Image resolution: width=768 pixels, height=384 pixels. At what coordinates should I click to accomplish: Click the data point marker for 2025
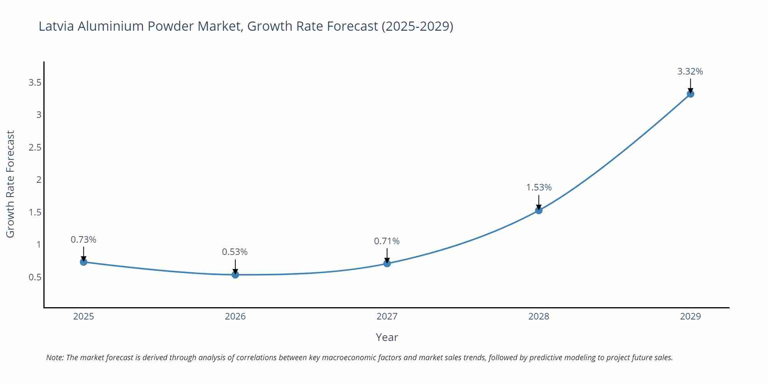pos(83,262)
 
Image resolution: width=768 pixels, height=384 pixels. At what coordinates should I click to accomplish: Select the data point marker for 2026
pos(235,275)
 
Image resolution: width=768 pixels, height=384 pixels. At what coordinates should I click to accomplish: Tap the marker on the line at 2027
pos(387,263)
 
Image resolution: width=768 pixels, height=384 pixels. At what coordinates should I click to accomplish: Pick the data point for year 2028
pos(539,210)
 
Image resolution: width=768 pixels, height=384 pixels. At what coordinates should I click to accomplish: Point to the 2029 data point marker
pos(690,94)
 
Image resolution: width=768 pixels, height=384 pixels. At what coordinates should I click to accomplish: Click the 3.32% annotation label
pos(690,71)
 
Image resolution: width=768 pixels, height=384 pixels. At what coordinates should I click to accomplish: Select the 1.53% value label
pos(539,187)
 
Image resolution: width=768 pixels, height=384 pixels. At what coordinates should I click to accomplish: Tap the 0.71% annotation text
pos(387,241)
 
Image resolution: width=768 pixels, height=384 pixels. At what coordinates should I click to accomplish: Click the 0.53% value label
pos(235,252)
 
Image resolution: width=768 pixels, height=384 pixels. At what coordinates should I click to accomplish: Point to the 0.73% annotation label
pos(83,240)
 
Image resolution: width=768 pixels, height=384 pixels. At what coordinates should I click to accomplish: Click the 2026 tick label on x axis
pos(235,316)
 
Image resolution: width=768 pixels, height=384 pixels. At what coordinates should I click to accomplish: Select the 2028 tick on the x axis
pos(539,316)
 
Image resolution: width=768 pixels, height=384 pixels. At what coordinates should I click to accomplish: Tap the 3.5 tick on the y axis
pos(35,83)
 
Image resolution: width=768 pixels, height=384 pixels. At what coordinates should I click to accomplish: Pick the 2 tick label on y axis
pos(39,180)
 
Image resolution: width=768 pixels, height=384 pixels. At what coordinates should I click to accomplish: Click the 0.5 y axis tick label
pos(35,277)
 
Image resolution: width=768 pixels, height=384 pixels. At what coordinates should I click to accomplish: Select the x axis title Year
pos(387,337)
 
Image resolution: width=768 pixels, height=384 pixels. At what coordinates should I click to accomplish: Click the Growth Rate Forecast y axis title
pos(10,184)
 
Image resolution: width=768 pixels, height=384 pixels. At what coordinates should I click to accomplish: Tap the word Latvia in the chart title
pos(57,26)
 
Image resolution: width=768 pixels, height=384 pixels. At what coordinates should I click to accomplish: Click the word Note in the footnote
pos(55,358)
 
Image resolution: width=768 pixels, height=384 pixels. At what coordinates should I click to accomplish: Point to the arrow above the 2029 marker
pos(690,85)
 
